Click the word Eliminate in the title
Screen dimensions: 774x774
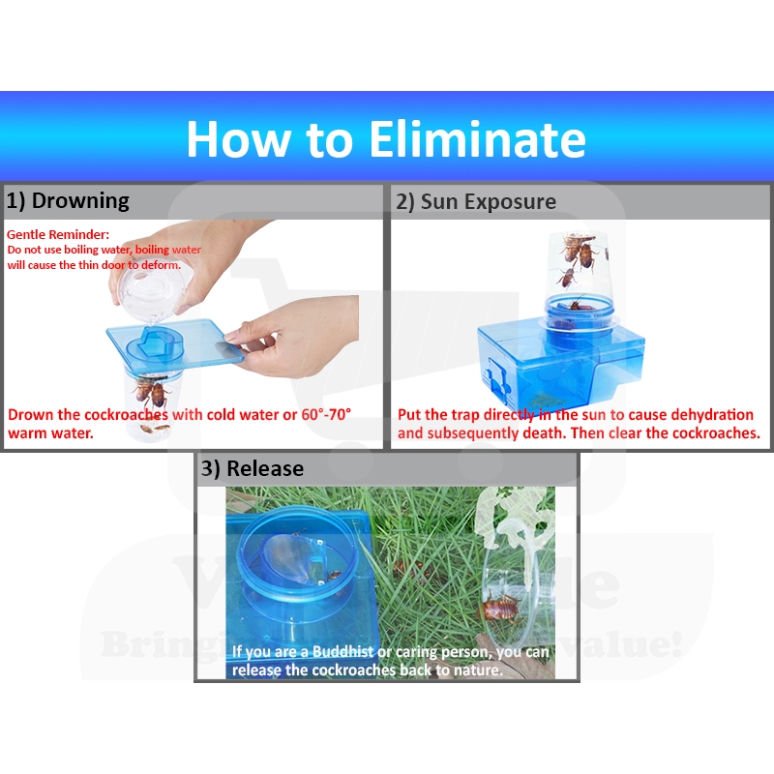pos(477,139)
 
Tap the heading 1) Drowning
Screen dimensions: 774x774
pos(68,201)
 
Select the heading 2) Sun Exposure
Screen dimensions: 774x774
pos(476,202)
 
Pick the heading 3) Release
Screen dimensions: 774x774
pos(253,468)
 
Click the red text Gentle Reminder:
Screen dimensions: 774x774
pos(58,234)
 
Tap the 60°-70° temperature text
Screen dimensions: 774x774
pos(326,415)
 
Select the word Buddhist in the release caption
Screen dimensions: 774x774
pos(343,651)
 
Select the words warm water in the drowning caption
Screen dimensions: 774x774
pos(51,433)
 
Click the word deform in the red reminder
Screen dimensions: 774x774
pos(161,265)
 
